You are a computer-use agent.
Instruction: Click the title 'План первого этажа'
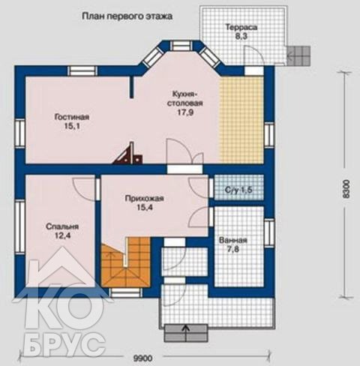click(127, 16)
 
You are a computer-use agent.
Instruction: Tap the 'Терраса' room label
click(241, 27)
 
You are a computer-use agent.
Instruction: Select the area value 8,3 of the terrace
click(241, 37)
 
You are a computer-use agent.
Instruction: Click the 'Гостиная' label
click(72, 117)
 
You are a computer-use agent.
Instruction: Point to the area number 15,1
click(72, 126)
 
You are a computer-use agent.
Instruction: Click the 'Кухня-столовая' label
click(185, 98)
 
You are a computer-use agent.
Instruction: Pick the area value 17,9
click(185, 112)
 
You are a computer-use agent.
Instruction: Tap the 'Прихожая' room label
click(145, 199)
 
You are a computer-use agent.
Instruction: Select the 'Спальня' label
click(62, 226)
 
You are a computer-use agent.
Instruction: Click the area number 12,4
click(62, 235)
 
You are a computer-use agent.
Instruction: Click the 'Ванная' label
click(233, 240)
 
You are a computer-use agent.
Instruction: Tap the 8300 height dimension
click(345, 189)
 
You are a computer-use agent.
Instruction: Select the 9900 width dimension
click(142, 358)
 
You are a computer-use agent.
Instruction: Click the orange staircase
click(125, 262)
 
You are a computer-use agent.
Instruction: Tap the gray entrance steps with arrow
click(186, 333)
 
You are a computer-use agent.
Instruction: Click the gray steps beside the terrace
click(298, 55)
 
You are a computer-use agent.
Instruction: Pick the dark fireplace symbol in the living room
click(128, 154)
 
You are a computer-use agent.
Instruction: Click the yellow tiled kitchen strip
click(241, 120)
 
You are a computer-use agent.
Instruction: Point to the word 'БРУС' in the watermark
click(64, 341)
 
